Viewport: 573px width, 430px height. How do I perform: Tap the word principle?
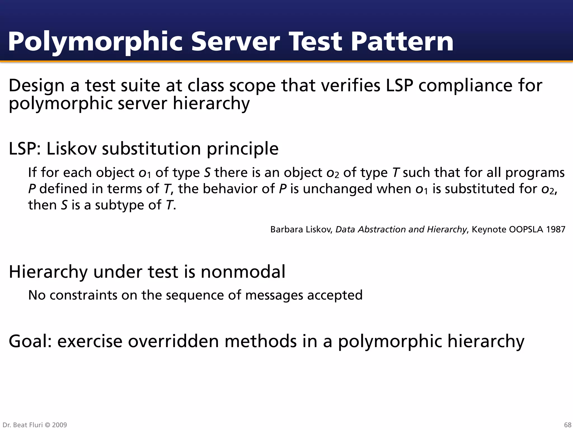pos(243,149)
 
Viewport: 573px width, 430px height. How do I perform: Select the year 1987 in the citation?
pos(555,230)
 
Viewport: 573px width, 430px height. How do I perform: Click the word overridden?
pos(173,341)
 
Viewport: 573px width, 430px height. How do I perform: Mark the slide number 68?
pos(567,425)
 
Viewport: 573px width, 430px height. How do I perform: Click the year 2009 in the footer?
pos(60,425)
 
